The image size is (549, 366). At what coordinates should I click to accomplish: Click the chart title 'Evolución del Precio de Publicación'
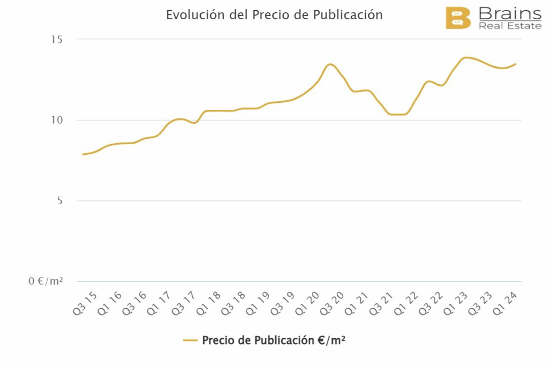coord(274,15)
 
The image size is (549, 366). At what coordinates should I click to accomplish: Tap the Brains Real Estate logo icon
coord(458,18)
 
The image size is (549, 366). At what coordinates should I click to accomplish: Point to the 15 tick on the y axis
coord(56,39)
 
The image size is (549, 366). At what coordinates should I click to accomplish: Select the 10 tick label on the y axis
coord(56,120)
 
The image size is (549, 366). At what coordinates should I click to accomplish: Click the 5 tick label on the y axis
coord(59,201)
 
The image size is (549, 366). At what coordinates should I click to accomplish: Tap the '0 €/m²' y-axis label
coord(46,281)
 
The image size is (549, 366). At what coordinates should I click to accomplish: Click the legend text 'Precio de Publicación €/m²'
coord(273,340)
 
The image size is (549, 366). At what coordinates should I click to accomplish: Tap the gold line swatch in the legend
coord(190,340)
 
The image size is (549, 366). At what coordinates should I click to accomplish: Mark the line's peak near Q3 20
coord(330,64)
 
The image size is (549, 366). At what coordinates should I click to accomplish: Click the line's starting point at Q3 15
coord(83,154)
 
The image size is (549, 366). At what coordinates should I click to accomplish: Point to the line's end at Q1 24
coord(516,64)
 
